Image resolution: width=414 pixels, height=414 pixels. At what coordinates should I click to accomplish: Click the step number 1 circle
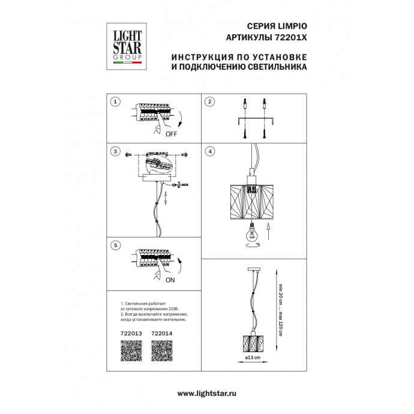[116, 102]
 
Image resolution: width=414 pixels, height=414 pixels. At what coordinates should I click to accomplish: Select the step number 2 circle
[209, 102]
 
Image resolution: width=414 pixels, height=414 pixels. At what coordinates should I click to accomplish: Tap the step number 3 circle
[116, 151]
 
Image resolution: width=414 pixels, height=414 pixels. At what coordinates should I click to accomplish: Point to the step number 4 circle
[209, 151]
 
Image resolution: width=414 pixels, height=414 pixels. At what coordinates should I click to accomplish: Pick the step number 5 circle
[116, 245]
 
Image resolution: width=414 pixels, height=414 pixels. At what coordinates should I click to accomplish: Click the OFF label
[172, 134]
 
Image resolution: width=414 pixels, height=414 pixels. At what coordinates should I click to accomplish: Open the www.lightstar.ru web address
[206, 392]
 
